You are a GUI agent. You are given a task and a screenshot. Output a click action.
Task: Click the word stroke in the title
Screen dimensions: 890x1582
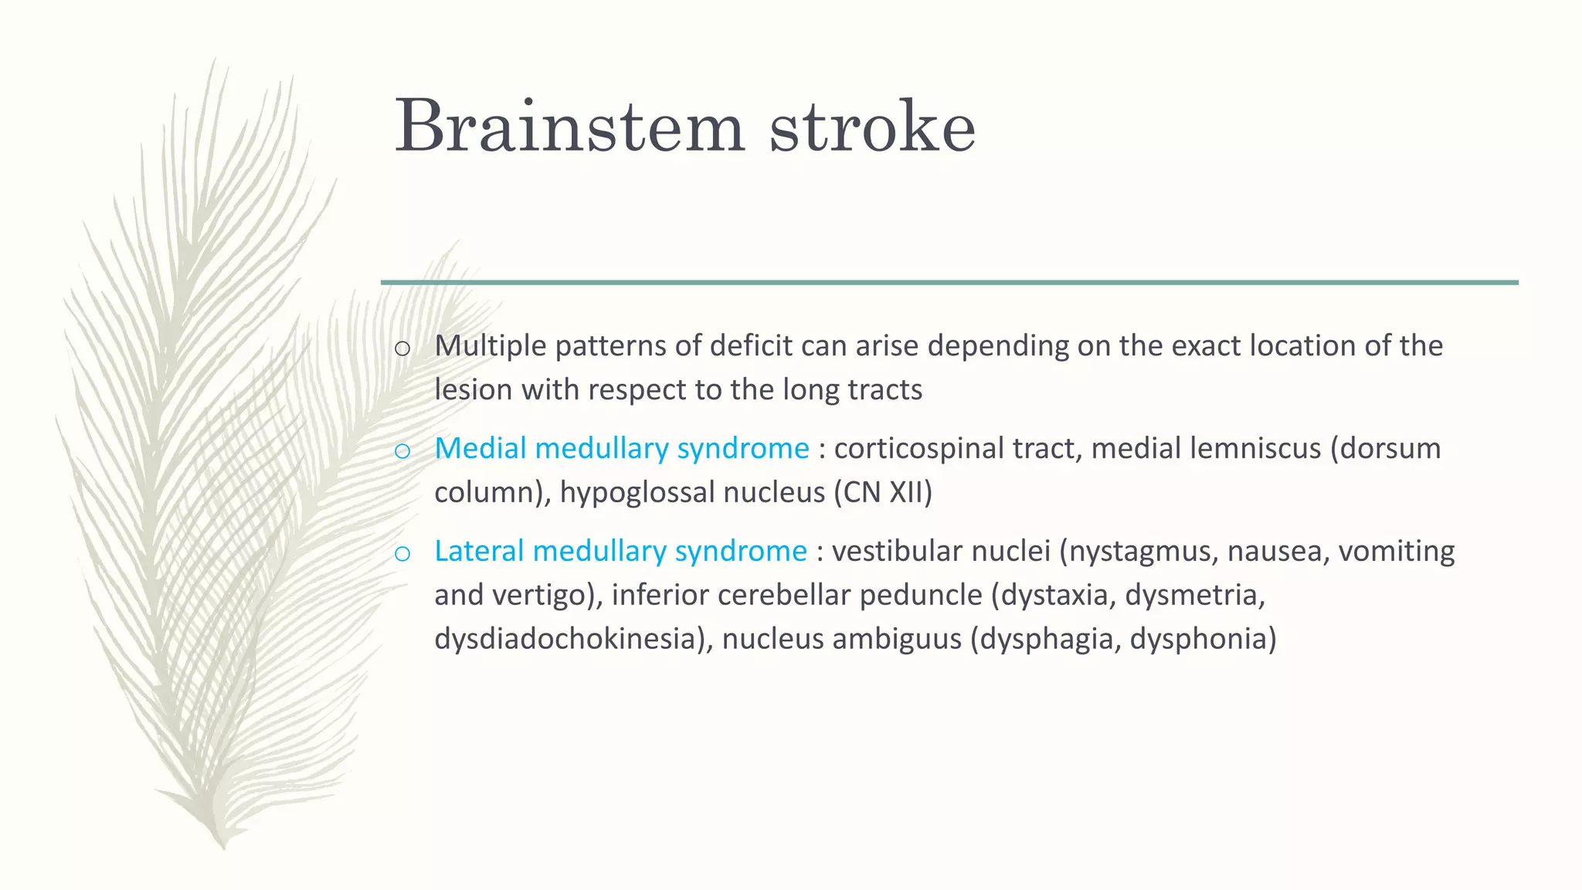point(872,126)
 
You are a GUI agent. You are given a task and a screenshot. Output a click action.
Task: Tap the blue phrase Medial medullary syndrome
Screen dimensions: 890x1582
point(621,448)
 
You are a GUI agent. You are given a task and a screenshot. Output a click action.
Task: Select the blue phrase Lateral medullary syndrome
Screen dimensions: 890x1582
point(620,551)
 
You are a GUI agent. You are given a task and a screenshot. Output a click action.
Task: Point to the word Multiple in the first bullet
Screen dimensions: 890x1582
point(491,345)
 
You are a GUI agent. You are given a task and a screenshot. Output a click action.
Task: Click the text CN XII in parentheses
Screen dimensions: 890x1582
point(883,492)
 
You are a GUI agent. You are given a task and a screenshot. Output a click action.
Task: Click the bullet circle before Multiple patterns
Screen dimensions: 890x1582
point(402,348)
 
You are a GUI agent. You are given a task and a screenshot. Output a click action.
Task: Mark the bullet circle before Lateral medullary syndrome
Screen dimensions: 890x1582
point(402,554)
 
